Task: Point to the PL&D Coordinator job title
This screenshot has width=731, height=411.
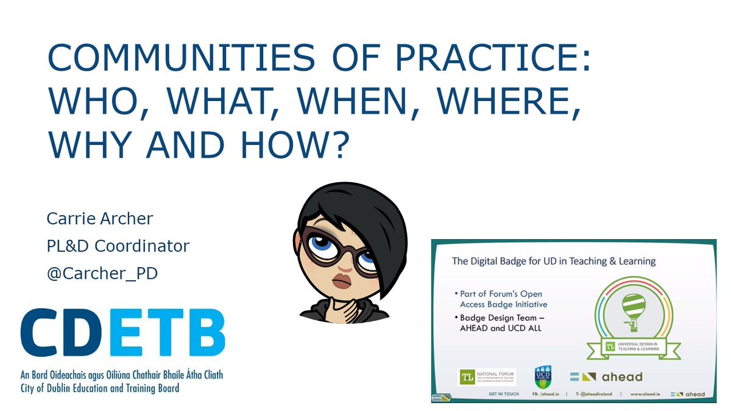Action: click(x=118, y=246)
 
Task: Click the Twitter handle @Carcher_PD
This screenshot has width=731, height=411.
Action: click(x=102, y=273)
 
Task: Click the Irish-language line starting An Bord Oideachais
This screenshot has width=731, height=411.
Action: click(x=122, y=374)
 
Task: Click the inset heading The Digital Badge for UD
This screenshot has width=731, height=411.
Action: click(x=553, y=261)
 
